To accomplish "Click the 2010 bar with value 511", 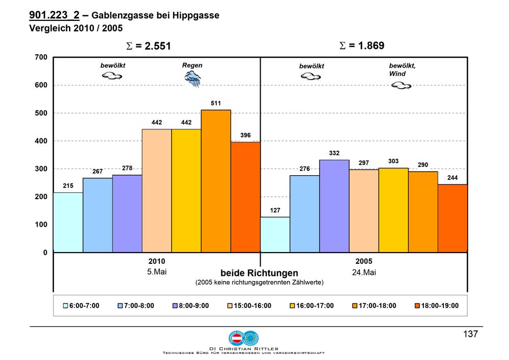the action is coord(216,181).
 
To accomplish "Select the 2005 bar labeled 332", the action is coord(334,206).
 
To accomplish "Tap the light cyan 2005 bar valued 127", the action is coord(275,235).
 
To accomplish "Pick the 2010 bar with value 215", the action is coord(68,223).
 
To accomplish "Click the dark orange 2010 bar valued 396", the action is coord(245,197).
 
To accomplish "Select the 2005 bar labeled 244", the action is coord(453,218).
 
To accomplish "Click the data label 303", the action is coord(393,161).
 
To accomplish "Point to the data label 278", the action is coord(127,168).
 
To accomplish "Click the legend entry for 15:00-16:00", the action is coord(249,306).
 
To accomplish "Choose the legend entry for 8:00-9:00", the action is coord(191,306).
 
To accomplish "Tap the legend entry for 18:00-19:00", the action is coord(437,306).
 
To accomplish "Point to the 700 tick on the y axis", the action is coord(41,57).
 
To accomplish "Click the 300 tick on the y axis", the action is coord(41,169).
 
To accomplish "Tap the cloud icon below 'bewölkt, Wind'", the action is coord(401,86).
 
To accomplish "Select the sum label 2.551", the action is coord(148,46).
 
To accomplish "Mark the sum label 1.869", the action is coord(361,45).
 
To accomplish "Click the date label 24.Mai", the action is coord(364,272).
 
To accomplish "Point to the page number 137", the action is coord(470,334).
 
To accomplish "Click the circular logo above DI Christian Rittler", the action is coord(243,338).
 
